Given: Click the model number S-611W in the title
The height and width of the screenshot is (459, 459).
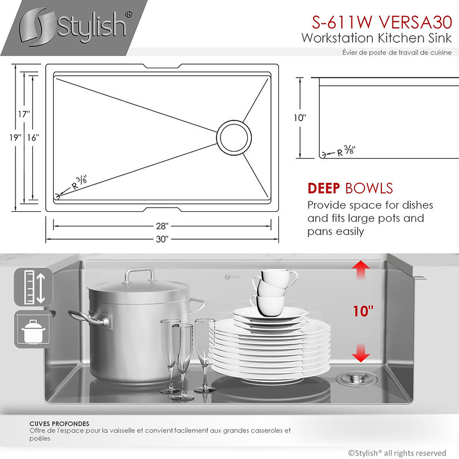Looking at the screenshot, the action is coord(342,22).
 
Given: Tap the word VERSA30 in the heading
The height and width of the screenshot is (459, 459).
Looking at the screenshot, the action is coord(415,22).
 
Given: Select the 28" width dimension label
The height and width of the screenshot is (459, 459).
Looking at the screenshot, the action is coord(162,226).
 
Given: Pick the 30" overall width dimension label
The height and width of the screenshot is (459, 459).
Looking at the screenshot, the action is coord(162,239).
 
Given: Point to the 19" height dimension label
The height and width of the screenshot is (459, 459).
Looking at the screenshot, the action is coord(15,137).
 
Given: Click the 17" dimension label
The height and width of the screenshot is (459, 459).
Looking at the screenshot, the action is coord(24,114).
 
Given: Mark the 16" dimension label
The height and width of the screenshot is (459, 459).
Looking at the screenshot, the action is coord(33,137).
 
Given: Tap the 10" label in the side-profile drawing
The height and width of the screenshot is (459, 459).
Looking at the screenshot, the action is coord(300,117).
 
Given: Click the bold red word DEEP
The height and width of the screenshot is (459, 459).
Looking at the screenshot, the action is coord(324,188).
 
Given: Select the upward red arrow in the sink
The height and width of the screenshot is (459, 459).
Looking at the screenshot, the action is coord(361,270).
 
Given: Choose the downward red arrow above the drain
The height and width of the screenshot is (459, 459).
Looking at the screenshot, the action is coord(361,352).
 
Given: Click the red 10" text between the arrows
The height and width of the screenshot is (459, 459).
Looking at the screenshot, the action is coord(363,311).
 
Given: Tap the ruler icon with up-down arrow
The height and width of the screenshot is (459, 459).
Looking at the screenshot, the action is coord(34,287).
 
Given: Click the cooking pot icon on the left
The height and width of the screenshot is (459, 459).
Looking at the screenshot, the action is coord(33,329).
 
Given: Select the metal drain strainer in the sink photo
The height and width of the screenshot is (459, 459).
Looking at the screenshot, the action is coord(356,378).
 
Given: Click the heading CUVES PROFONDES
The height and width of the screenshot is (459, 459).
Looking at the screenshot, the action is coord(59,424).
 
